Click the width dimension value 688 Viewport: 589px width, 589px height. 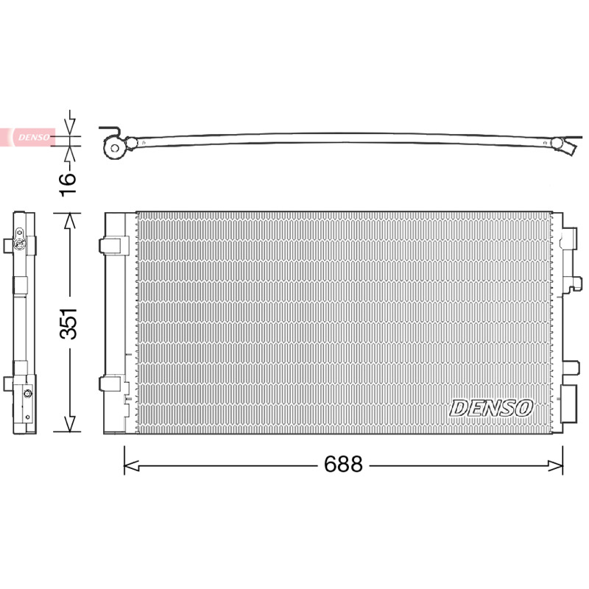(343, 465)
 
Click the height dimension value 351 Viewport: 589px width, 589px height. (68, 323)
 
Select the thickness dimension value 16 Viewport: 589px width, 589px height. (68, 184)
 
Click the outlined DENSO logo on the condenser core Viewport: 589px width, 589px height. (491, 408)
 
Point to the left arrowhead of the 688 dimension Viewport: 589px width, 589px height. (131, 466)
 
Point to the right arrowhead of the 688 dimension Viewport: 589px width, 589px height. (555, 466)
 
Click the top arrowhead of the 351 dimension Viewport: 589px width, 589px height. (70, 221)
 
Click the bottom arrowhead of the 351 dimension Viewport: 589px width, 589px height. (70, 423)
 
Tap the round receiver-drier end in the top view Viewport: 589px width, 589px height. (115, 148)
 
